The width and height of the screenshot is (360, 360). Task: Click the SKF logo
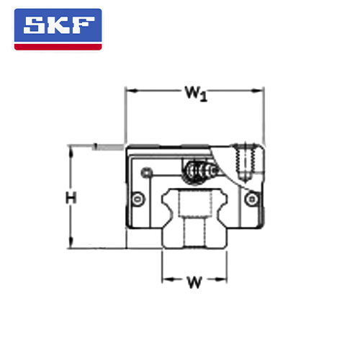58,30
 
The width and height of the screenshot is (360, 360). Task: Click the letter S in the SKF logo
34,25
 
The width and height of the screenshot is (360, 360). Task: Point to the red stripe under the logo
58,47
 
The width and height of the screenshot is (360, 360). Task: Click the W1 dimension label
196,94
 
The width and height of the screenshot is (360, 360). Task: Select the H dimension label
71,198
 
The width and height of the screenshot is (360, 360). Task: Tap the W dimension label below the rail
194,282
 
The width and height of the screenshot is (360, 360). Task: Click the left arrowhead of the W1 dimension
132,91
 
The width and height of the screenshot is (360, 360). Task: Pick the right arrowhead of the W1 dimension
257,91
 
